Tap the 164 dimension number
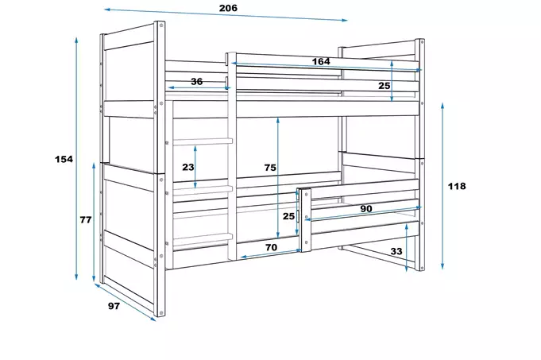[321, 61]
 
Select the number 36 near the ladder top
[196, 81]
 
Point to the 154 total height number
[64, 159]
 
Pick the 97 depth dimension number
[114, 305]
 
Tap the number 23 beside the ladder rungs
[187, 167]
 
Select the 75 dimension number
[270, 167]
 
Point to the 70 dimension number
[271, 247]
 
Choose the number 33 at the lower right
[395, 252]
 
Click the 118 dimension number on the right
[457, 186]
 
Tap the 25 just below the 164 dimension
[384, 86]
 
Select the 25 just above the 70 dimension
[289, 215]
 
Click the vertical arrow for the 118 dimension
[443, 187]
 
